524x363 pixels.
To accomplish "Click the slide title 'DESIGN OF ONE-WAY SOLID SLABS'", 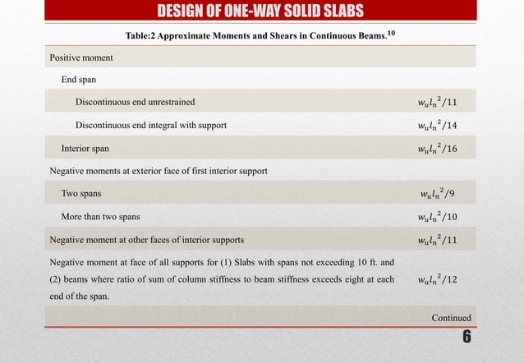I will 262,10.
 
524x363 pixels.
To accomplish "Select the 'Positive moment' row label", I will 80,58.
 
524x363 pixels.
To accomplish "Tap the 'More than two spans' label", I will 101,217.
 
